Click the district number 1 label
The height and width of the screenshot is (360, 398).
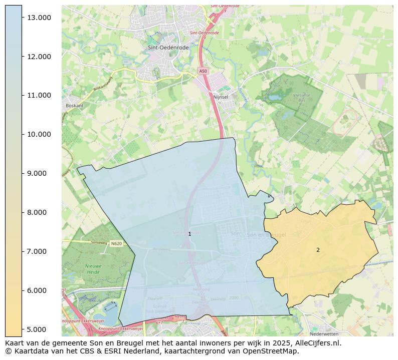click(x=189, y=234)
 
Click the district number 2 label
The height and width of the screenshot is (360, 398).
click(x=318, y=250)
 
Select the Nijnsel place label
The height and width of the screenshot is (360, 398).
click(x=221, y=97)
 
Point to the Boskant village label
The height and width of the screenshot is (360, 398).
click(x=74, y=106)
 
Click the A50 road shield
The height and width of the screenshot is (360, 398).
click(x=203, y=71)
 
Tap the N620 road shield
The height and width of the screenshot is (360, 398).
click(x=116, y=244)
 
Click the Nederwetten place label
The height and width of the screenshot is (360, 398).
click(x=324, y=333)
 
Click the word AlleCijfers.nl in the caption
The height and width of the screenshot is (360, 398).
click(x=317, y=343)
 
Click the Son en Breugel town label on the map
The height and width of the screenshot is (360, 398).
click(x=266, y=234)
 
